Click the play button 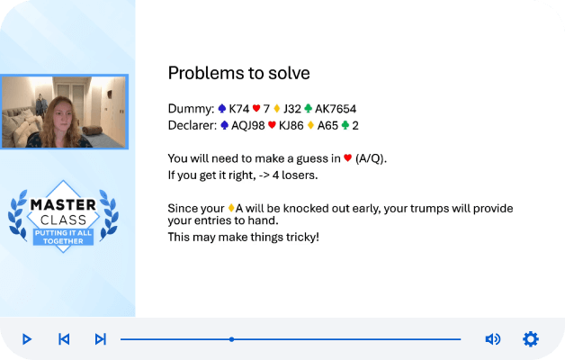[x=27, y=339]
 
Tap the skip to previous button [x=64, y=339]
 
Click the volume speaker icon [x=492, y=339]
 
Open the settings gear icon [x=531, y=339]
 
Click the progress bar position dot [x=232, y=339]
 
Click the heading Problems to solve [x=239, y=73]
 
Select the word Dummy [x=190, y=109]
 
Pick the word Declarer [x=192, y=125]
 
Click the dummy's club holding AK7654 [x=336, y=109]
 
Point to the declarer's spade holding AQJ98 [x=248, y=125]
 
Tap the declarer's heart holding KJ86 [x=291, y=125]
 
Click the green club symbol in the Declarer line [x=345, y=125]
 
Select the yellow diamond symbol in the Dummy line [x=277, y=108]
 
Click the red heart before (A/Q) [x=347, y=157]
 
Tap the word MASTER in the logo [x=63, y=204]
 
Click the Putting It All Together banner [x=63, y=237]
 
